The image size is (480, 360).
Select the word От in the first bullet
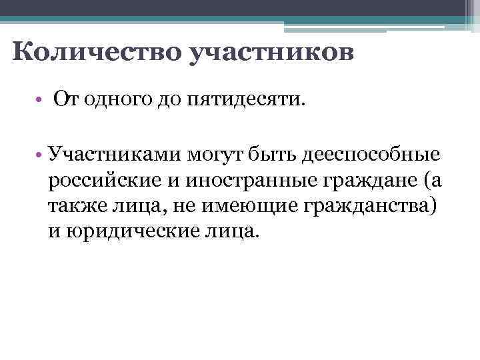[x=65, y=101]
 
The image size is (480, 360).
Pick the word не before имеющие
[x=180, y=205]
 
